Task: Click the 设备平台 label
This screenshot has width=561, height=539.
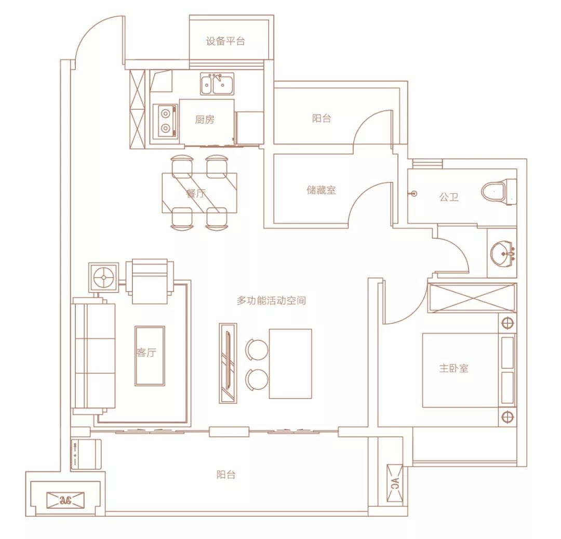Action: point(225,41)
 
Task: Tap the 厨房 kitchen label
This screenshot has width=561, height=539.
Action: point(204,119)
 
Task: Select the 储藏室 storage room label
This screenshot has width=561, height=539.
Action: point(321,190)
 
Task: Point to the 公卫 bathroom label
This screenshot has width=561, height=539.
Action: point(449,197)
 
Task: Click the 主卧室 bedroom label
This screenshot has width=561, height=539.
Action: point(453,368)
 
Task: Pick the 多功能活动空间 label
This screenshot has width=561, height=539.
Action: point(271,300)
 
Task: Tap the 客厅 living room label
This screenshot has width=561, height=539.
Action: point(146,352)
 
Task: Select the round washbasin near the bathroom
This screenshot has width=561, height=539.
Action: point(503,254)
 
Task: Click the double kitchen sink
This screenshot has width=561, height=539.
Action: point(217,84)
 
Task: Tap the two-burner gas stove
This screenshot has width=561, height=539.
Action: point(165,121)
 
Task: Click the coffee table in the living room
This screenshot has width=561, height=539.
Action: point(150,356)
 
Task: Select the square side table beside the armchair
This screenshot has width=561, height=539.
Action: point(103,278)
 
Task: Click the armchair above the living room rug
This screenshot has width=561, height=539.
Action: point(150,281)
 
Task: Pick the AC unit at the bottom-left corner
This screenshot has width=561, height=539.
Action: point(65,500)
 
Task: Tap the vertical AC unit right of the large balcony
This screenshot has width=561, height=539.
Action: point(395,483)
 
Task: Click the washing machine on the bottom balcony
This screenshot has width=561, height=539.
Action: point(86,454)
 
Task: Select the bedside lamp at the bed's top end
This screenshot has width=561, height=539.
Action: point(507,323)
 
